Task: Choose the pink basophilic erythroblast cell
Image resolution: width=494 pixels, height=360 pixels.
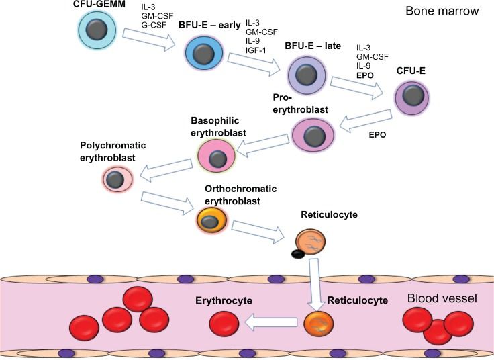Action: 217,157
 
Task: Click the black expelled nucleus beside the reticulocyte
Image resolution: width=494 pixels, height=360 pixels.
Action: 297,253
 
